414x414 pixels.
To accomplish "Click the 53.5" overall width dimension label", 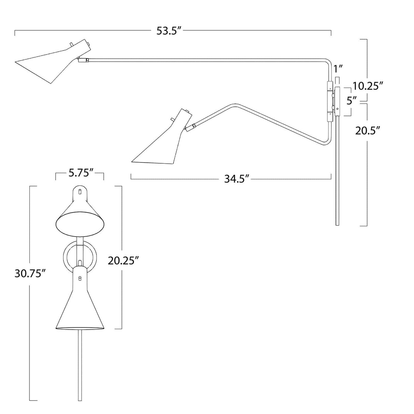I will (x=168, y=31).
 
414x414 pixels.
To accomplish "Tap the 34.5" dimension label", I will (x=235, y=178).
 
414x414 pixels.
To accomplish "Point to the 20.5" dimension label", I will (x=367, y=130).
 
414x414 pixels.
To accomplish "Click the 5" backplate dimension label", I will (x=351, y=101).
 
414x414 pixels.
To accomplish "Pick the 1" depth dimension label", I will (x=338, y=69).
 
